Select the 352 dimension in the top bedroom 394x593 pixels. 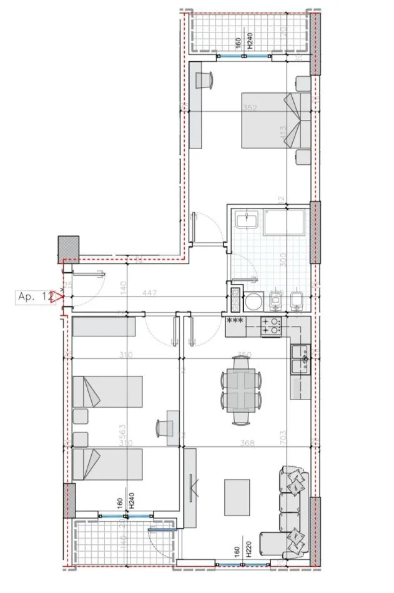click(250, 107)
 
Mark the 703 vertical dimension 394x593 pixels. click(283, 434)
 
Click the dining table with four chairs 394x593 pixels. click(240, 390)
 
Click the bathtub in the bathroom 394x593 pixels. click(284, 223)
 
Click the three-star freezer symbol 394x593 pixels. click(236, 321)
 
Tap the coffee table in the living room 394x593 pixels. click(237, 497)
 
